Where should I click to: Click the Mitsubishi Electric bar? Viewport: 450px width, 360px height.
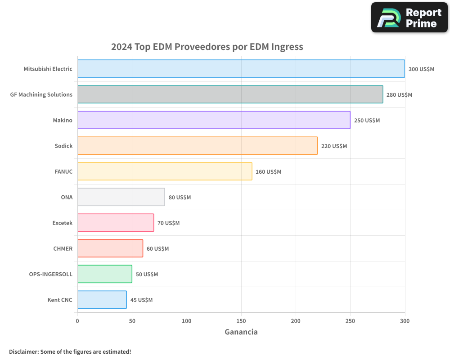[x=241, y=69]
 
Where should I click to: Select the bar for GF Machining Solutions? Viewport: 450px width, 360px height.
[x=230, y=94]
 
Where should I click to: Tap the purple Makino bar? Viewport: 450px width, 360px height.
[x=214, y=120]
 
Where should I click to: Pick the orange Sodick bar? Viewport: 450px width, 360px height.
[x=197, y=146]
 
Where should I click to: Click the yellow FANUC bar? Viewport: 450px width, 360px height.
[x=165, y=171]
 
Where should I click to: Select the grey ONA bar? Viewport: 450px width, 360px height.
[x=121, y=197]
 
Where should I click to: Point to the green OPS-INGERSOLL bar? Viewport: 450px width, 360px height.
[x=104, y=274]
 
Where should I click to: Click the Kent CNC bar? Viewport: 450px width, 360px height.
[x=102, y=300]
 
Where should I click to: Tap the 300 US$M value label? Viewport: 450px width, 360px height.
[x=421, y=69]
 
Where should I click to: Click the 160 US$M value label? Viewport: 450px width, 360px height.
[x=268, y=172]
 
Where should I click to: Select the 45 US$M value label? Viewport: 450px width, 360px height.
[x=141, y=300]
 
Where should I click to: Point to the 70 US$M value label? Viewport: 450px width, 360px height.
[x=168, y=223]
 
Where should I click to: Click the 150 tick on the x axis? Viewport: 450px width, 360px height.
[x=241, y=321]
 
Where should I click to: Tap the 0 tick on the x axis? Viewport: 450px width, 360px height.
[x=77, y=321]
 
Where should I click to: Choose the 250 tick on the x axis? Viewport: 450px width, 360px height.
[x=350, y=321]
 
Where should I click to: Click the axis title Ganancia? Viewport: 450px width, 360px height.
[x=241, y=332]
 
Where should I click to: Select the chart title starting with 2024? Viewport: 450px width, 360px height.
[x=207, y=47]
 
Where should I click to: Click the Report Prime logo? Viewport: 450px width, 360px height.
[x=409, y=18]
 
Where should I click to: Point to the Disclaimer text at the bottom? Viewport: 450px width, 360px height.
[x=70, y=351]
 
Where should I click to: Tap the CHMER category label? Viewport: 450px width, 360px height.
[x=63, y=249]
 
